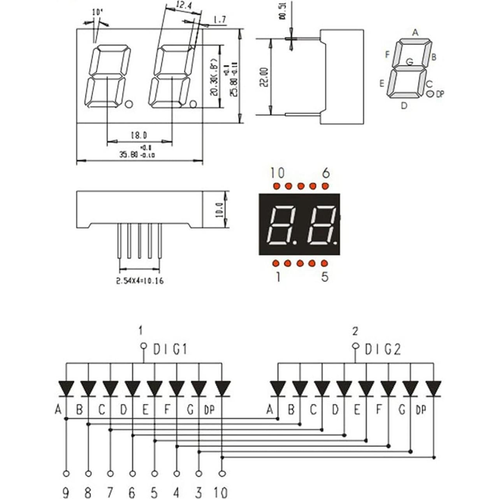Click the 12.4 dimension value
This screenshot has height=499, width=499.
pos(181,6)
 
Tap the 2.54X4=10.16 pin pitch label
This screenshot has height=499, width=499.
pos(140,281)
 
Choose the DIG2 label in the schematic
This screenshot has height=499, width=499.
pos(382,350)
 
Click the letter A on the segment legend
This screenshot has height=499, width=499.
pos(415,32)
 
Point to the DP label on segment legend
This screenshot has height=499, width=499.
pos(439,94)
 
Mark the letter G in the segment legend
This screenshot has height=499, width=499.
pos(409,61)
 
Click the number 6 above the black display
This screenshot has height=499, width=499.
pos(326,172)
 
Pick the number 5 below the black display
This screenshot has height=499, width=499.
pos(325,276)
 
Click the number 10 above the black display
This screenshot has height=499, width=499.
pos(278,172)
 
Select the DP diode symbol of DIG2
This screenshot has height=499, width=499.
pos(434,388)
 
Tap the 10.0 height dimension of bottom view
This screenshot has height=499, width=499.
pos(219,210)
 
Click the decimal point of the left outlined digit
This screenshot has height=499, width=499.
pos(130,104)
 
